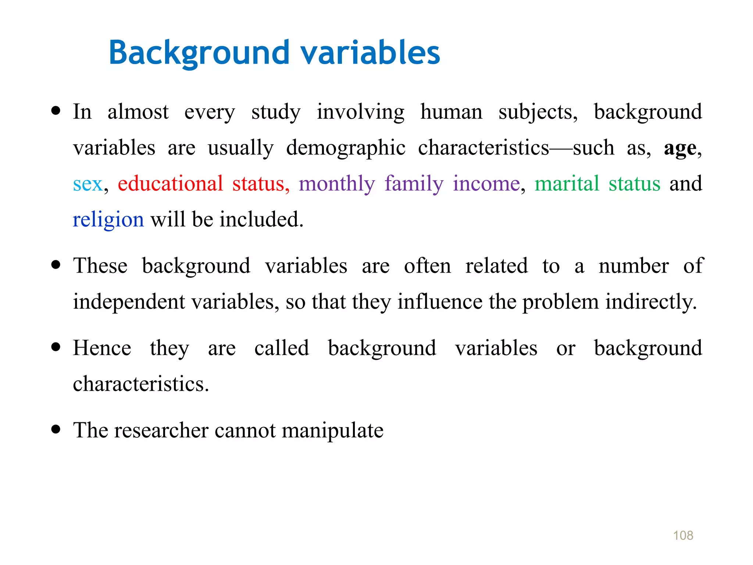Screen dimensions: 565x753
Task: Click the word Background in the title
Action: [199, 53]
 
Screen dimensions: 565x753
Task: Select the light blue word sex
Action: [88, 184]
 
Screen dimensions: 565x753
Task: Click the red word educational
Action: [170, 184]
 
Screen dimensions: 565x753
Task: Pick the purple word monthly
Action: [336, 184]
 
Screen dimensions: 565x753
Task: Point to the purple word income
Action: [486, 184]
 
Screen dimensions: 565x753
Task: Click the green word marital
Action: [567, 184]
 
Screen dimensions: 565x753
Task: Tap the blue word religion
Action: [108, 220]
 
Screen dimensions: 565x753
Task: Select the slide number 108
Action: [683, 536]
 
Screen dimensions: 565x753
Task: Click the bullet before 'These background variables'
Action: [56, 265]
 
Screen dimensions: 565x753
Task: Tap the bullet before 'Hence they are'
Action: [56, 347]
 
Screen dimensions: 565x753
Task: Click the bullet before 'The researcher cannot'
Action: [56, 429]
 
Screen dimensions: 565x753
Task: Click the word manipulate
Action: [332, 431]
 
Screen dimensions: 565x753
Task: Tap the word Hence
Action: [102, 348]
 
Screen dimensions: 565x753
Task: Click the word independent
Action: [129, 302]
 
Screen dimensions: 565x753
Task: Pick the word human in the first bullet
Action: [451, 112]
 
